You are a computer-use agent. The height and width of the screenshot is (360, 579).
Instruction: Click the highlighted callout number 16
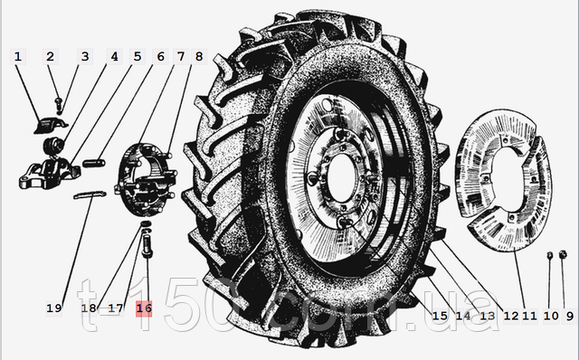click(144, 308)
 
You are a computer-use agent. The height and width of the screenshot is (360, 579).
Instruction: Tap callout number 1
click(18, 56)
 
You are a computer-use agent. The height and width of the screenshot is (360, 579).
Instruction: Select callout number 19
click(54, 308)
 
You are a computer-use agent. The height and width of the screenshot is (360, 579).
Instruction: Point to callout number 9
click(569, 316)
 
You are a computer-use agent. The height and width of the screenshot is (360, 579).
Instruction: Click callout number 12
click(510, 316)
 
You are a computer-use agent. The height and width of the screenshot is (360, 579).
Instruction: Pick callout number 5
click(138, 56)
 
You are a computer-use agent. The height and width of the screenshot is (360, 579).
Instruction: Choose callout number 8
click(199, 56)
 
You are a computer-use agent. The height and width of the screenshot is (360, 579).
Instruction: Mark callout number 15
click(440, 316)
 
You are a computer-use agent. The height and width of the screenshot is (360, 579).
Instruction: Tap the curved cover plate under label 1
click(51, 125)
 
